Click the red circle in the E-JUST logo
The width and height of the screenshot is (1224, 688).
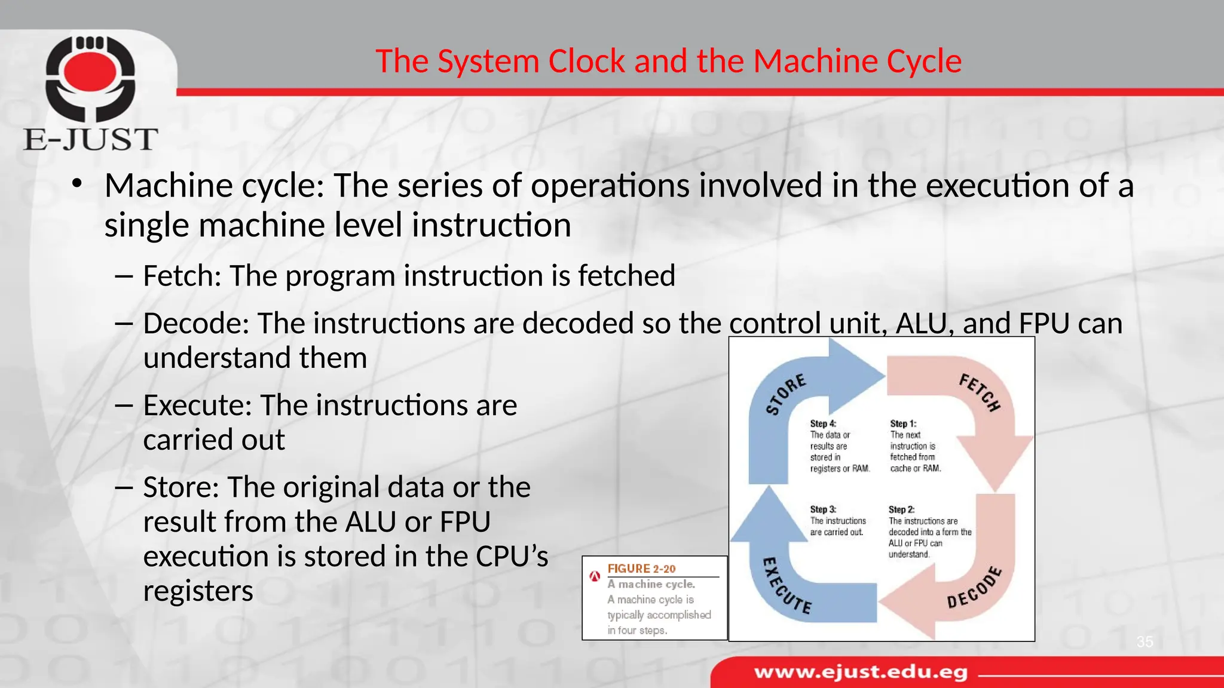(x=90, y=70)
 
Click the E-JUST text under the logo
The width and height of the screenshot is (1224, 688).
(x=90, y=140)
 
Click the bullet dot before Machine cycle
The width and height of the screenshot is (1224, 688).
(x=76, y=185)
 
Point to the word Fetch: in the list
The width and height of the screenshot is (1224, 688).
(x=182, y=276)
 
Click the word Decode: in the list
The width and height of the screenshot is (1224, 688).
(x=196, y=324)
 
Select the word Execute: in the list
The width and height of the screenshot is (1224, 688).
(x=198, y=406)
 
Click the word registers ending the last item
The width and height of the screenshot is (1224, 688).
(x=198, y=591)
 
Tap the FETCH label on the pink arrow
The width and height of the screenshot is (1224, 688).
(x=980, y=392)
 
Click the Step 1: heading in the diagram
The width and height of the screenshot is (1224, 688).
(x=903, y=423)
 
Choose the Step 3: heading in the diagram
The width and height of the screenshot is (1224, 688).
(x=823, y=509)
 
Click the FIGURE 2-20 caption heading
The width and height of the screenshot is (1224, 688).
(x=641, y=569)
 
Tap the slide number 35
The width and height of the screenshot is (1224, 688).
(x=1145, y=642)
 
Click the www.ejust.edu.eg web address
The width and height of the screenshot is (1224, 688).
(x=861, y=672)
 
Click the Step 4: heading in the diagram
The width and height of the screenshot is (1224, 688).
(x=823, y=423)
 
